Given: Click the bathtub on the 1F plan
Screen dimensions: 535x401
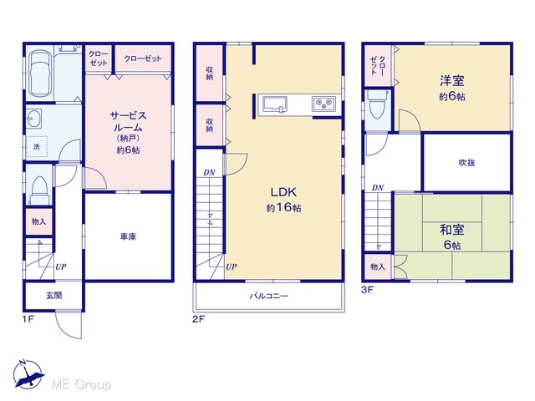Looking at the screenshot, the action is (x=40, y=74).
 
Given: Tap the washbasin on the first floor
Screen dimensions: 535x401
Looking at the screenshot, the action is (x=33, y=119).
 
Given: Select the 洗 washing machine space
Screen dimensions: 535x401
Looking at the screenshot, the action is (x=37, y=146).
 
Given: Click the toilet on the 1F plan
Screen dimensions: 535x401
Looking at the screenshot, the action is (x=39, y=190).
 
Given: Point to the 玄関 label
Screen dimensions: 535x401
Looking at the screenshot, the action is (x=53, y=295).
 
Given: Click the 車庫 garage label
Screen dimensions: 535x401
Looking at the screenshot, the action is (x=128, y=236).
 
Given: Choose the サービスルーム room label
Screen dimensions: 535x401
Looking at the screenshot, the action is (x=128, y=121).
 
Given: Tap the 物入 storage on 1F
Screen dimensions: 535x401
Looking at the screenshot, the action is (x=39, y=221).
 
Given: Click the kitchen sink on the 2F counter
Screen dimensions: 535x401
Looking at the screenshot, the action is (x=275, y=104).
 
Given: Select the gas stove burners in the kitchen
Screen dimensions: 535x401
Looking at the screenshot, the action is (x=324, y=104).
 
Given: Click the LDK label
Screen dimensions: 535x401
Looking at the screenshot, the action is (x=283, y=192).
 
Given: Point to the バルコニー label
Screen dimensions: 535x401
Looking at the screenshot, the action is (x=269, y=296).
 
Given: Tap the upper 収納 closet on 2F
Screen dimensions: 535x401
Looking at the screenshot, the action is (x=209, y=73).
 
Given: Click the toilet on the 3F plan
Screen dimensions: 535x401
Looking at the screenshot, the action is (x=378, y=104).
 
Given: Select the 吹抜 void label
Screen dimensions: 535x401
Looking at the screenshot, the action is (x=466, y=163).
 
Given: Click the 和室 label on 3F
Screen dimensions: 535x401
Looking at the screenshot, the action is (x=451, y=230).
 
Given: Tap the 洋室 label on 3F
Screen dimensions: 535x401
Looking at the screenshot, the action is (x=451, y=81).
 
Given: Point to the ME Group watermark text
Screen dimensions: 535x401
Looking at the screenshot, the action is (x=82, y=384).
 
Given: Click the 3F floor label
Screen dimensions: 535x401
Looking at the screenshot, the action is (x=368, y=290).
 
